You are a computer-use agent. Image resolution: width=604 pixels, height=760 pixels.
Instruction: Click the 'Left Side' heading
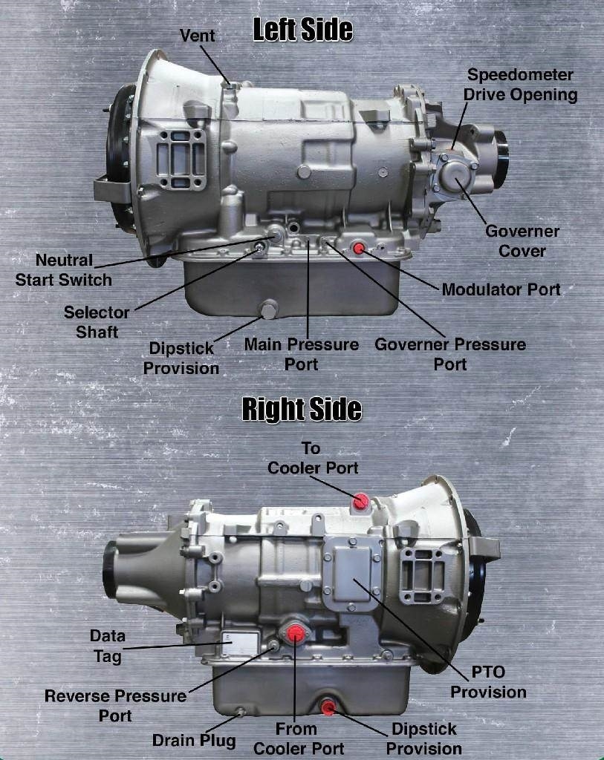302,30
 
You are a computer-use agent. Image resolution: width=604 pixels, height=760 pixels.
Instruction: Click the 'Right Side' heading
302,409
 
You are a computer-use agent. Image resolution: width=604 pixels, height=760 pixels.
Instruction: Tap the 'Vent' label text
198,36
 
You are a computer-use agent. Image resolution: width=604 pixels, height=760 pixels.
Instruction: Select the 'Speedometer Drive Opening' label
521,85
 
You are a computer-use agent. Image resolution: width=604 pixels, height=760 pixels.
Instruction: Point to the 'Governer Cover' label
522,241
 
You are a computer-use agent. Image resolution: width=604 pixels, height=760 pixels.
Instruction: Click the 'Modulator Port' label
501,289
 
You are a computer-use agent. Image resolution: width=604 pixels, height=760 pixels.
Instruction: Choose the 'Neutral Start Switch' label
64,270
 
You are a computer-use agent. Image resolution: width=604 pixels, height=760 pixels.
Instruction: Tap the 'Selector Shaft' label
97,322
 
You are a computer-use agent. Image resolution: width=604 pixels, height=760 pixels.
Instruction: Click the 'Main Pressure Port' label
302,354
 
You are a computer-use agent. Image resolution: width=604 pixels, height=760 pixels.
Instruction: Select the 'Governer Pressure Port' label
450,354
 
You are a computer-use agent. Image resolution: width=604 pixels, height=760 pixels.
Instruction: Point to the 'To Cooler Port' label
313,458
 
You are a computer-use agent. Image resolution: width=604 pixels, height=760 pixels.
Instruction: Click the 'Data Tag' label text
108,646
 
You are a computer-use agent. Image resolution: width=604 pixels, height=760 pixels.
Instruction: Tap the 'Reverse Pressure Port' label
115,706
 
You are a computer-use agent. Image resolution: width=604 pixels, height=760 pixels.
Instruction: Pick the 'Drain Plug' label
194,740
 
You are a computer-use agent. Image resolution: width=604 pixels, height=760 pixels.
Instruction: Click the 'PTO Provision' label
488,682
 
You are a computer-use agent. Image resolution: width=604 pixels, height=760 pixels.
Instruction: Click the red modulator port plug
359,248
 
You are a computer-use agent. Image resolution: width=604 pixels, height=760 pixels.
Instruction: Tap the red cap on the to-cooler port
361,502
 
